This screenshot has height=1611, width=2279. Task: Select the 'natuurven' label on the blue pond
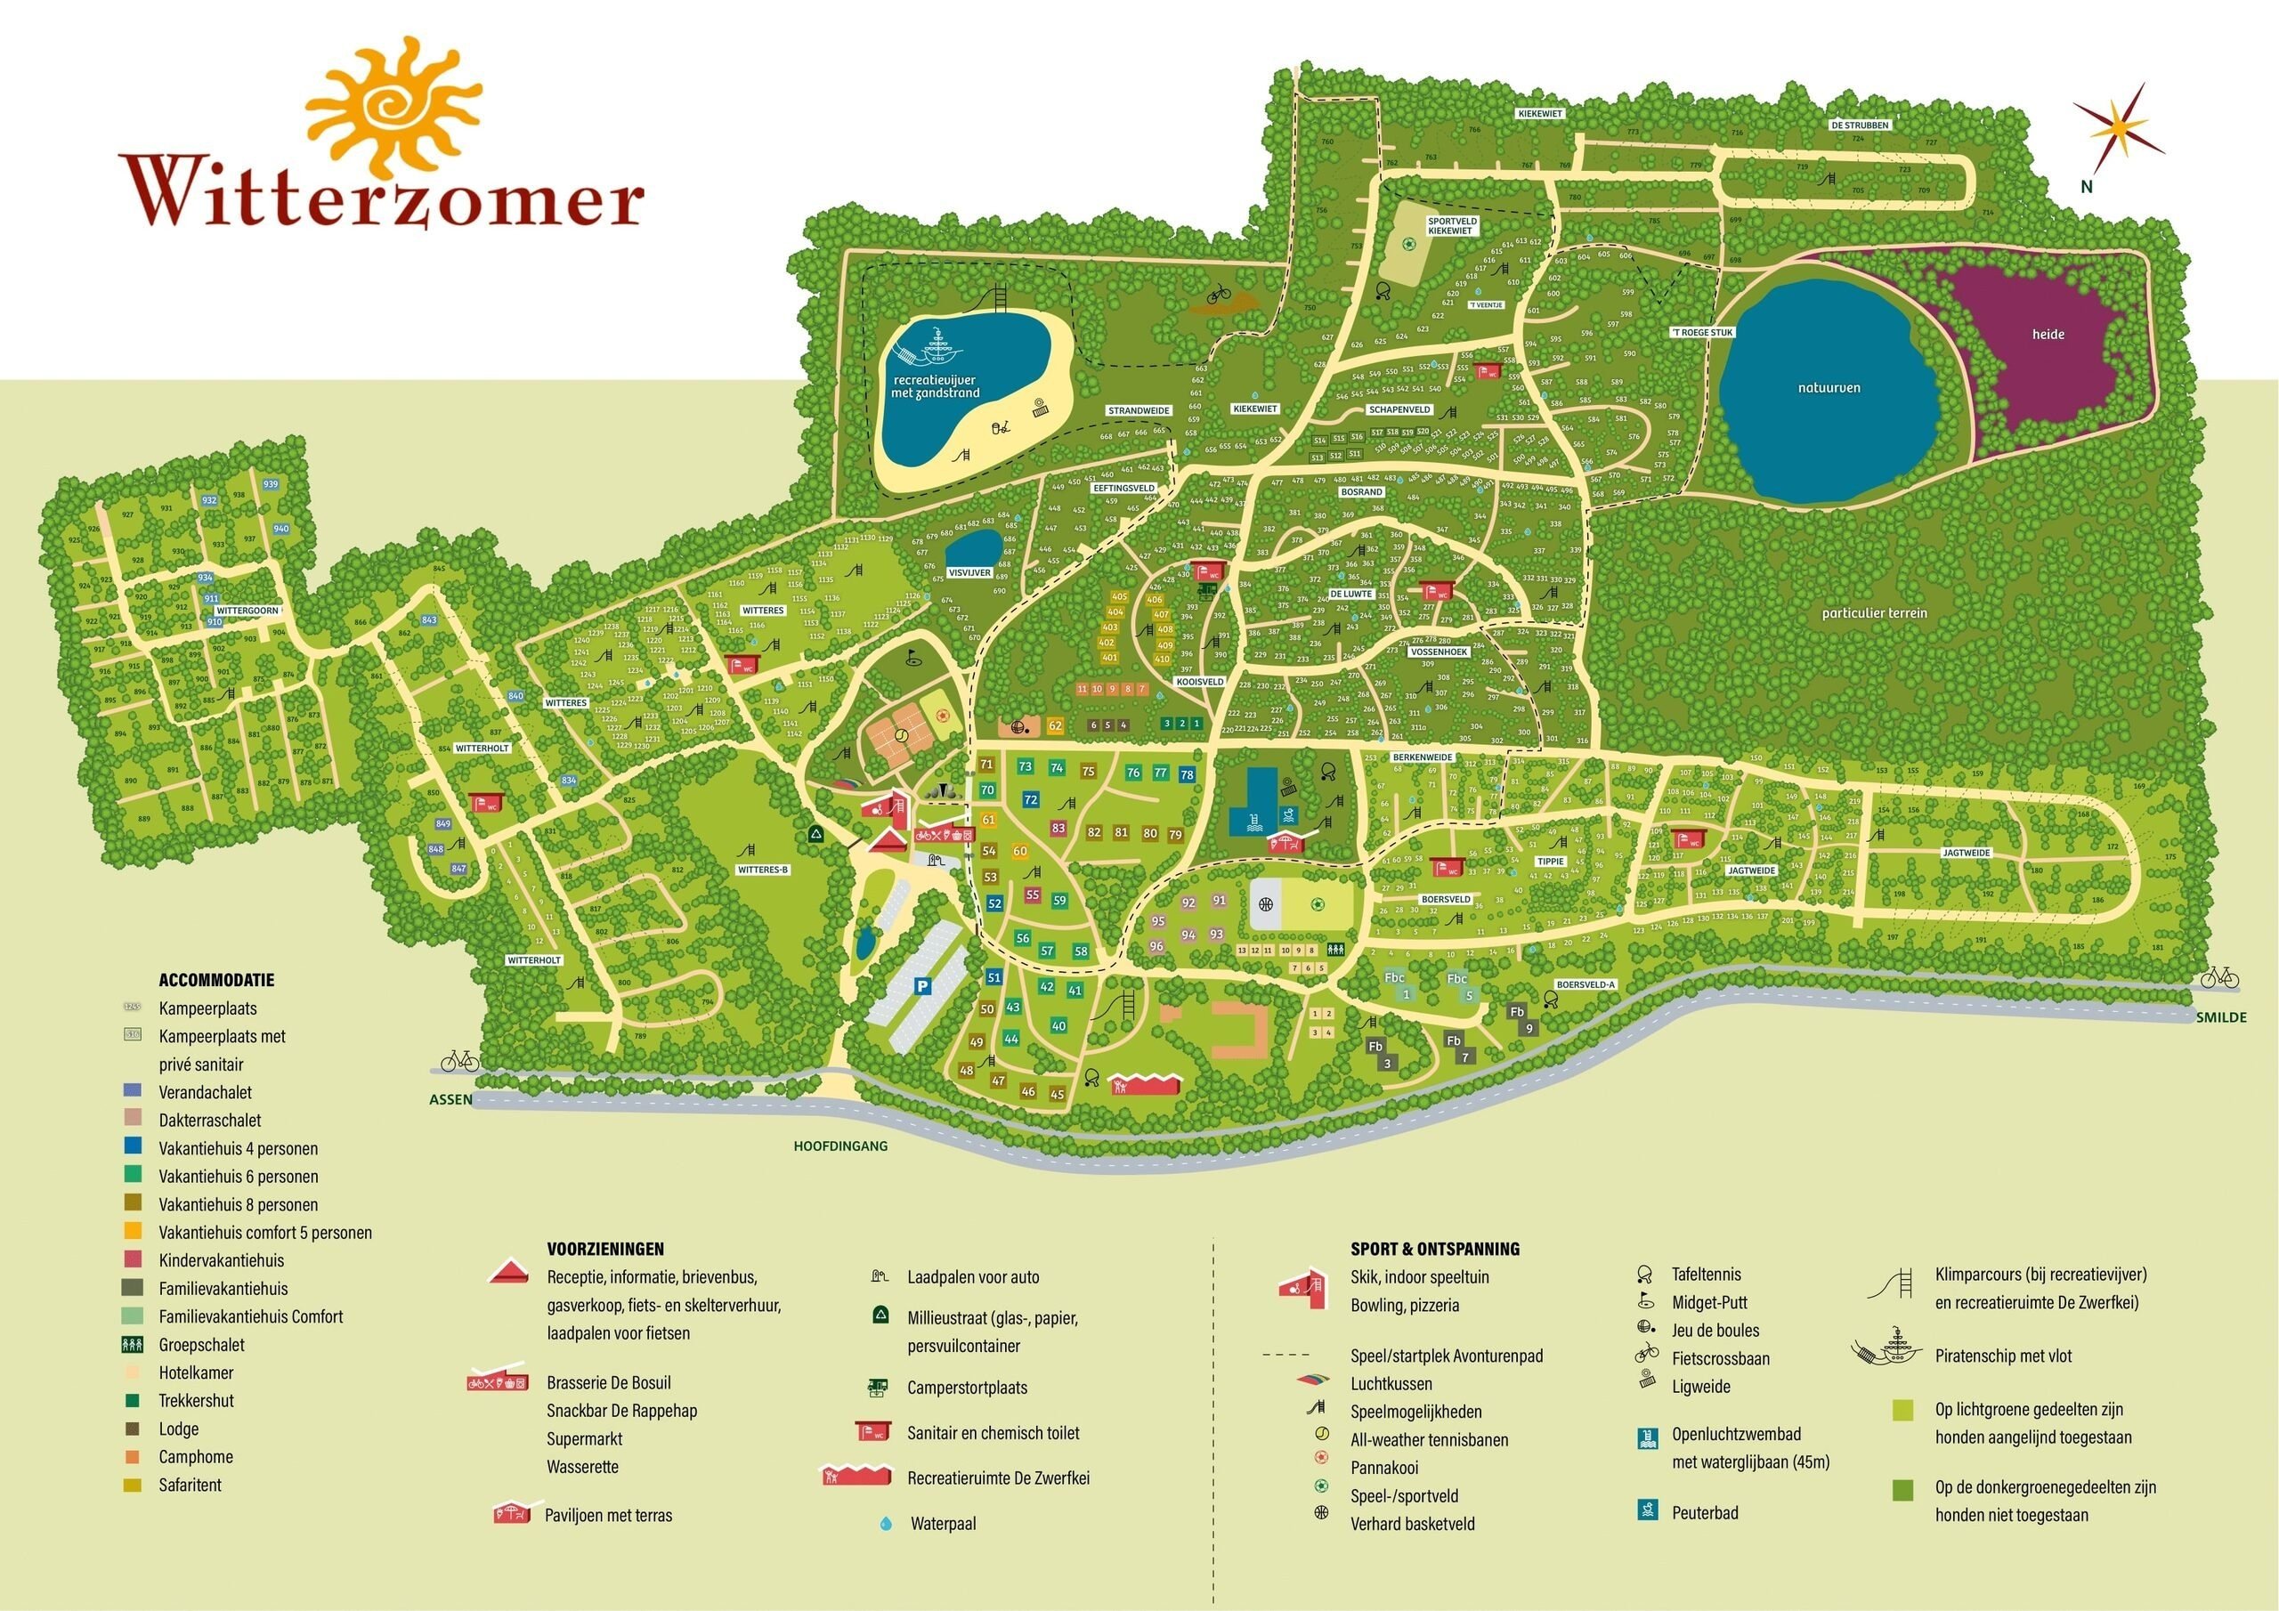pyautogui.click(x=1829, y=388)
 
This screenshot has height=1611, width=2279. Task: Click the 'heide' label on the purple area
pyautogui.click(x=2048, y=335)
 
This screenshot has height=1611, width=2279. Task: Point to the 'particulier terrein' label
pyautogui.click(x=1874, y=613)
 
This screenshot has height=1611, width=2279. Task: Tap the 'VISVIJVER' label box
pyautogui.click(x=969, y=572)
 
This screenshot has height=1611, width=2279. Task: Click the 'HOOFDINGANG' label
pyautogui.click(x=839, y=1146)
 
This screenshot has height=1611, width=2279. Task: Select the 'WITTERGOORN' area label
pyautogui.click(x=248, y=611)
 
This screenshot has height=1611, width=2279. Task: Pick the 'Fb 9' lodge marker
pyautogui.click(x=1521, y=1019)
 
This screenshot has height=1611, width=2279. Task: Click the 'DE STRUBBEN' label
pyautogui.click(x=1859, y=126)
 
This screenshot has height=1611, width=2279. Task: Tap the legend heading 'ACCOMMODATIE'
pyautogui.click(x=216, y=980)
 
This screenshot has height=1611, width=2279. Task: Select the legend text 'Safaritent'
pyautogui.click(x=190, y=1485)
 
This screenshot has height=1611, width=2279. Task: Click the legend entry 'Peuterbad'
pyautogui.click(x=1704, y=1513)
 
